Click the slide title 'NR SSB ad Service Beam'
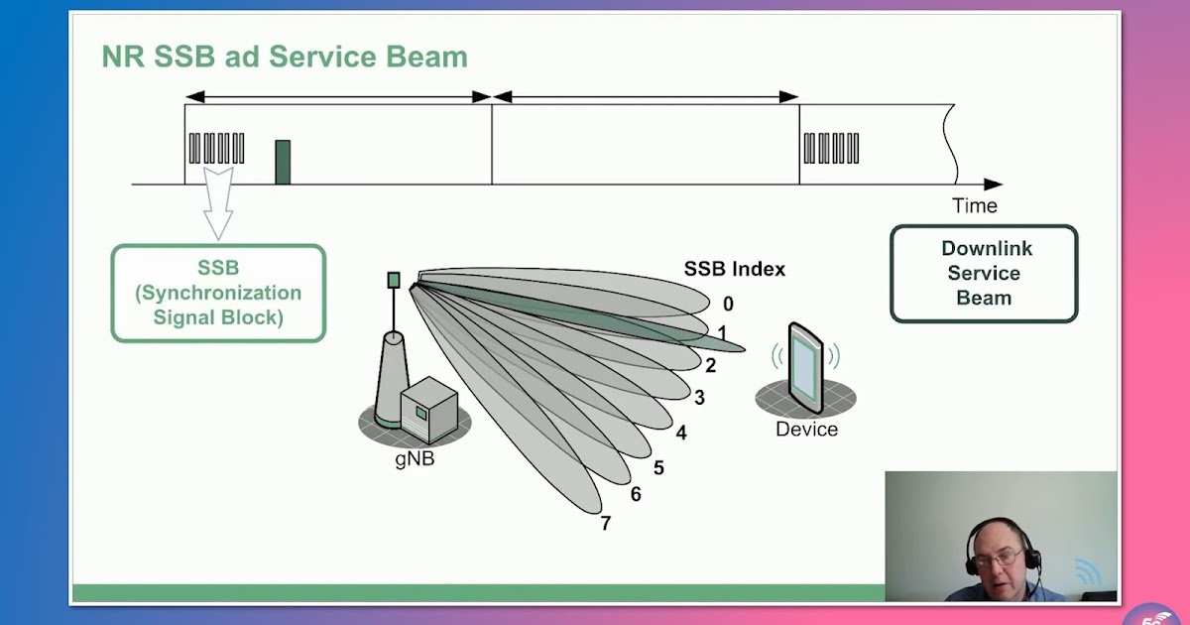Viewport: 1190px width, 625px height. [x=285, y=57]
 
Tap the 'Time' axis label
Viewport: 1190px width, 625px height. [x=974, y=206]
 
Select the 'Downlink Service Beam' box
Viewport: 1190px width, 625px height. [x=983, y=274]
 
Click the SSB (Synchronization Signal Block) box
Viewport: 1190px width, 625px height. [x=218, y=294]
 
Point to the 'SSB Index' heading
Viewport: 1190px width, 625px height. [x=734, y=269]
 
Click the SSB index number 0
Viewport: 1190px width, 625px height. [x=728, y=305]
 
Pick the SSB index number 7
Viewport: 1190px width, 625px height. [x=605, y=523]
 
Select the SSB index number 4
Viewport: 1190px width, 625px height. [x=681, y=433]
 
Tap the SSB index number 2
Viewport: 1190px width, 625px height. [x=710, y=365]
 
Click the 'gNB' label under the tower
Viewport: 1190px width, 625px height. [x=415, y=459]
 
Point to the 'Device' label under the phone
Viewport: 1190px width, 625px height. [x=806, y=430]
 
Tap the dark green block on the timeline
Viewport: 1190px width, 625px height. [x=283, y=162]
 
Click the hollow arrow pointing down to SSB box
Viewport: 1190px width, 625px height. [x=218, y=202]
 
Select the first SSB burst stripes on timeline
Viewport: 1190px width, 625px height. [x=216, y=148]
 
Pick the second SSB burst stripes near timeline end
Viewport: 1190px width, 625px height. [x=831, y=148]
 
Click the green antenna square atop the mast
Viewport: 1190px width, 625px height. [x=394, y=280]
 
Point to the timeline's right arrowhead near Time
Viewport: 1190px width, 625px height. [x=993, y=185]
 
